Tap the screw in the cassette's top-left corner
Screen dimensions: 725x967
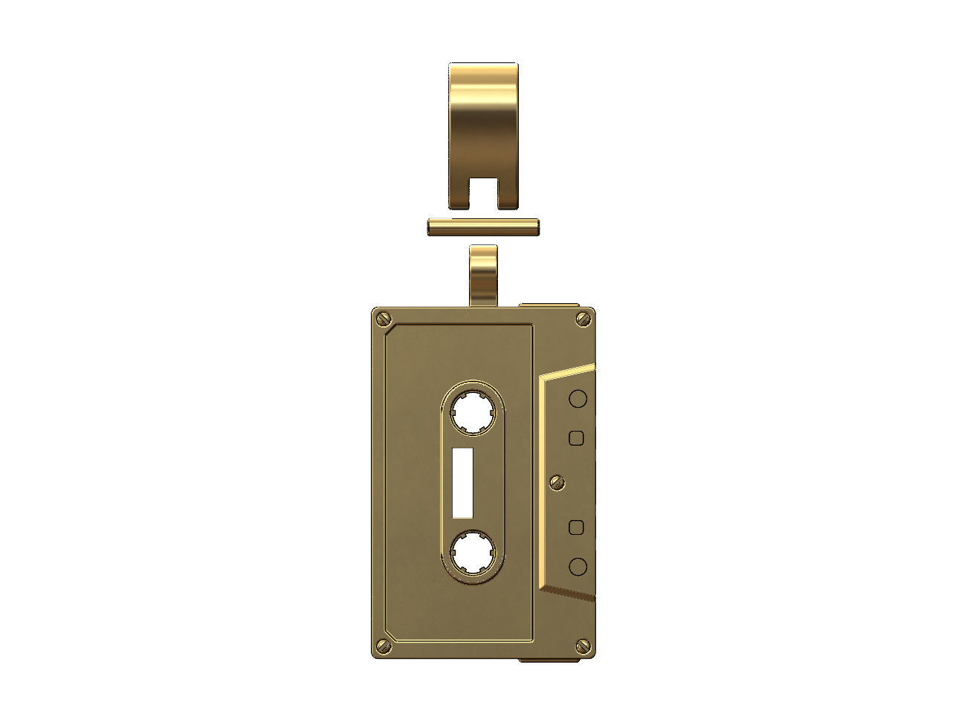[x=384, y=318]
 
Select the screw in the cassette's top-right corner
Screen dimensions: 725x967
[x=582, y=319]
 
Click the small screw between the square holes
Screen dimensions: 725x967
[x=555, y=483]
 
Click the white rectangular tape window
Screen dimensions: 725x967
[x=463, y=484]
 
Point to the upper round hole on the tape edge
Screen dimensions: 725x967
[x=578, y=399]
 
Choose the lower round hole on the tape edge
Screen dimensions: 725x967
[x=578, y=567]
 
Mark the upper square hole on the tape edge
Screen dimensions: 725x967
[x=576, y=438]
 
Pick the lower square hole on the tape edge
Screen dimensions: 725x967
[x=576, y=527]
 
